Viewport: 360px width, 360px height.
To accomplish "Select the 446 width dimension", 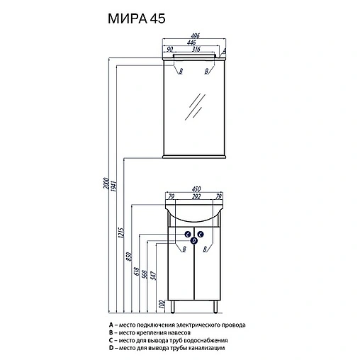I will (x=193, y=44).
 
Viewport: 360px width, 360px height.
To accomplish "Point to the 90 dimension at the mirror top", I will (x=170, y=50).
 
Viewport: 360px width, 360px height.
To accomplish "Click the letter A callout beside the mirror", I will (x=224, y=52).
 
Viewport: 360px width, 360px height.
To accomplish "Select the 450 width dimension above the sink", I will (x=194, y=189).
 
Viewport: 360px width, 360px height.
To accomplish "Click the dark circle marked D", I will (x=194, y=240).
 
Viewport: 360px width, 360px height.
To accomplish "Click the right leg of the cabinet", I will (x=215, y=306).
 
